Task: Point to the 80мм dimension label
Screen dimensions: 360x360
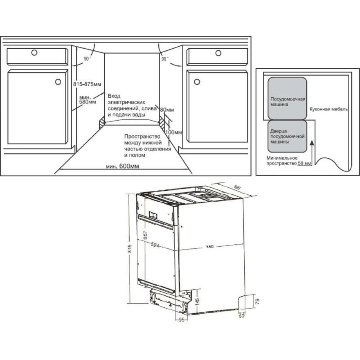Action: (x=167, y=109)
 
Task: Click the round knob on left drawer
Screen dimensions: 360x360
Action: (x=34, y=53)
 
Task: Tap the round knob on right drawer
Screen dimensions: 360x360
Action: (x=218, y=53)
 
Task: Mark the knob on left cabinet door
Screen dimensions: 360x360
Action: (x=58, y=82)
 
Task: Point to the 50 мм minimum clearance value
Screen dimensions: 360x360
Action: (x=303, y=164)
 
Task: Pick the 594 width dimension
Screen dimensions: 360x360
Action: (x=155, y=245)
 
